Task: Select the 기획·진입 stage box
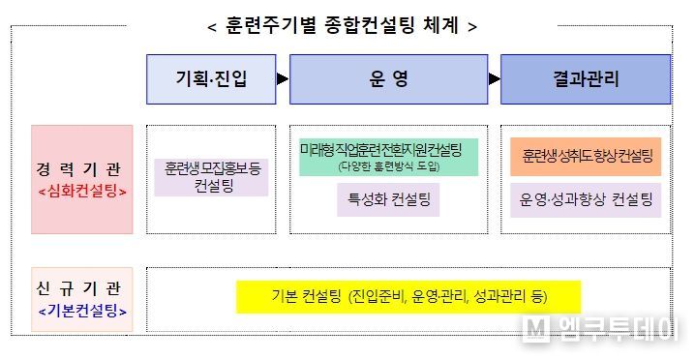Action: coord(212,79)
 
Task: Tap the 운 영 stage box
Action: coord(388,79)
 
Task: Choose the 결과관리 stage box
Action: coord(586,79)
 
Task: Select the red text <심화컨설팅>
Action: coord(81,190)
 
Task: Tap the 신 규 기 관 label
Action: coord(81,289)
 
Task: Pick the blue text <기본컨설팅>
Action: coord(81,312)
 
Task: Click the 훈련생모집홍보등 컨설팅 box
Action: coord(211,175)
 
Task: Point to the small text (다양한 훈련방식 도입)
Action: coord(388,167)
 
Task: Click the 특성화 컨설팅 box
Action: coord(388,201)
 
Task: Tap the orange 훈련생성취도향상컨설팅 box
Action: coord(586,156)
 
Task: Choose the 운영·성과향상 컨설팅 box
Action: coord(586,200)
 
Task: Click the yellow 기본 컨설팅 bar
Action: coord(408,297)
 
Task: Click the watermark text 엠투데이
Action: coord(610,329)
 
